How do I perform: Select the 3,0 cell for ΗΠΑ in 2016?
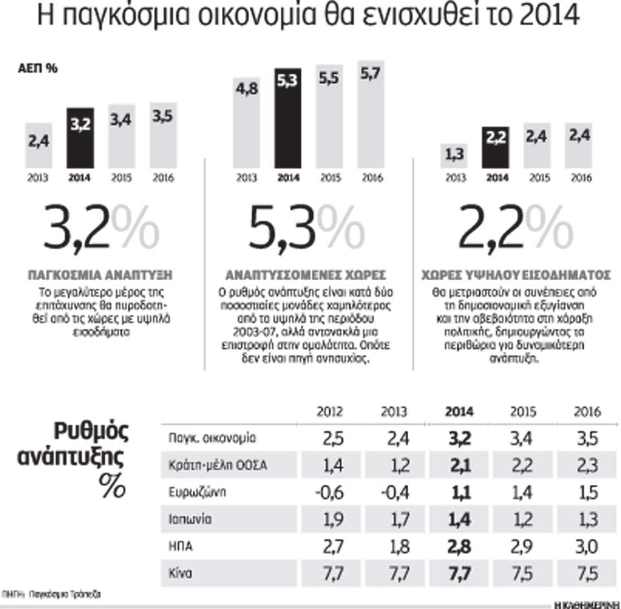tap(586, 548)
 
